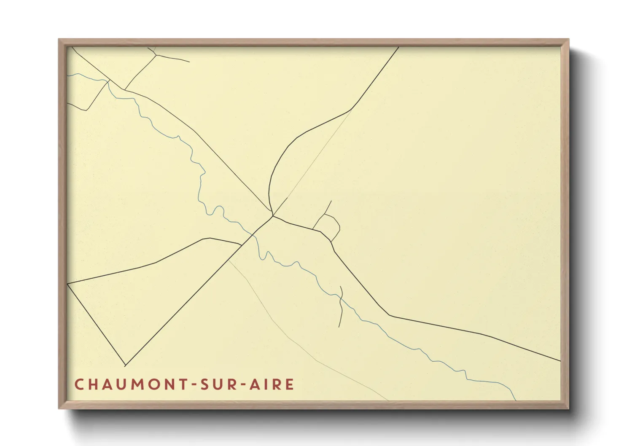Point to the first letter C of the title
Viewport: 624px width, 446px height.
(79, 384)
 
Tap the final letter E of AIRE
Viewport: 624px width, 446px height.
(290, 384)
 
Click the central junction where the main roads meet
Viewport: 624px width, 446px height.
(273, 216)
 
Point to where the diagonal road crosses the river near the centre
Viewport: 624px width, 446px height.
(253, 234)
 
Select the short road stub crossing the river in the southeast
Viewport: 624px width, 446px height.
(341, 306)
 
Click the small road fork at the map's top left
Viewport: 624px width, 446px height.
(156, 54)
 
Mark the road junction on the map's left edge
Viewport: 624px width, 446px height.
(68, 284)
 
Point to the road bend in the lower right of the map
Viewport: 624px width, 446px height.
(389, 315)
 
